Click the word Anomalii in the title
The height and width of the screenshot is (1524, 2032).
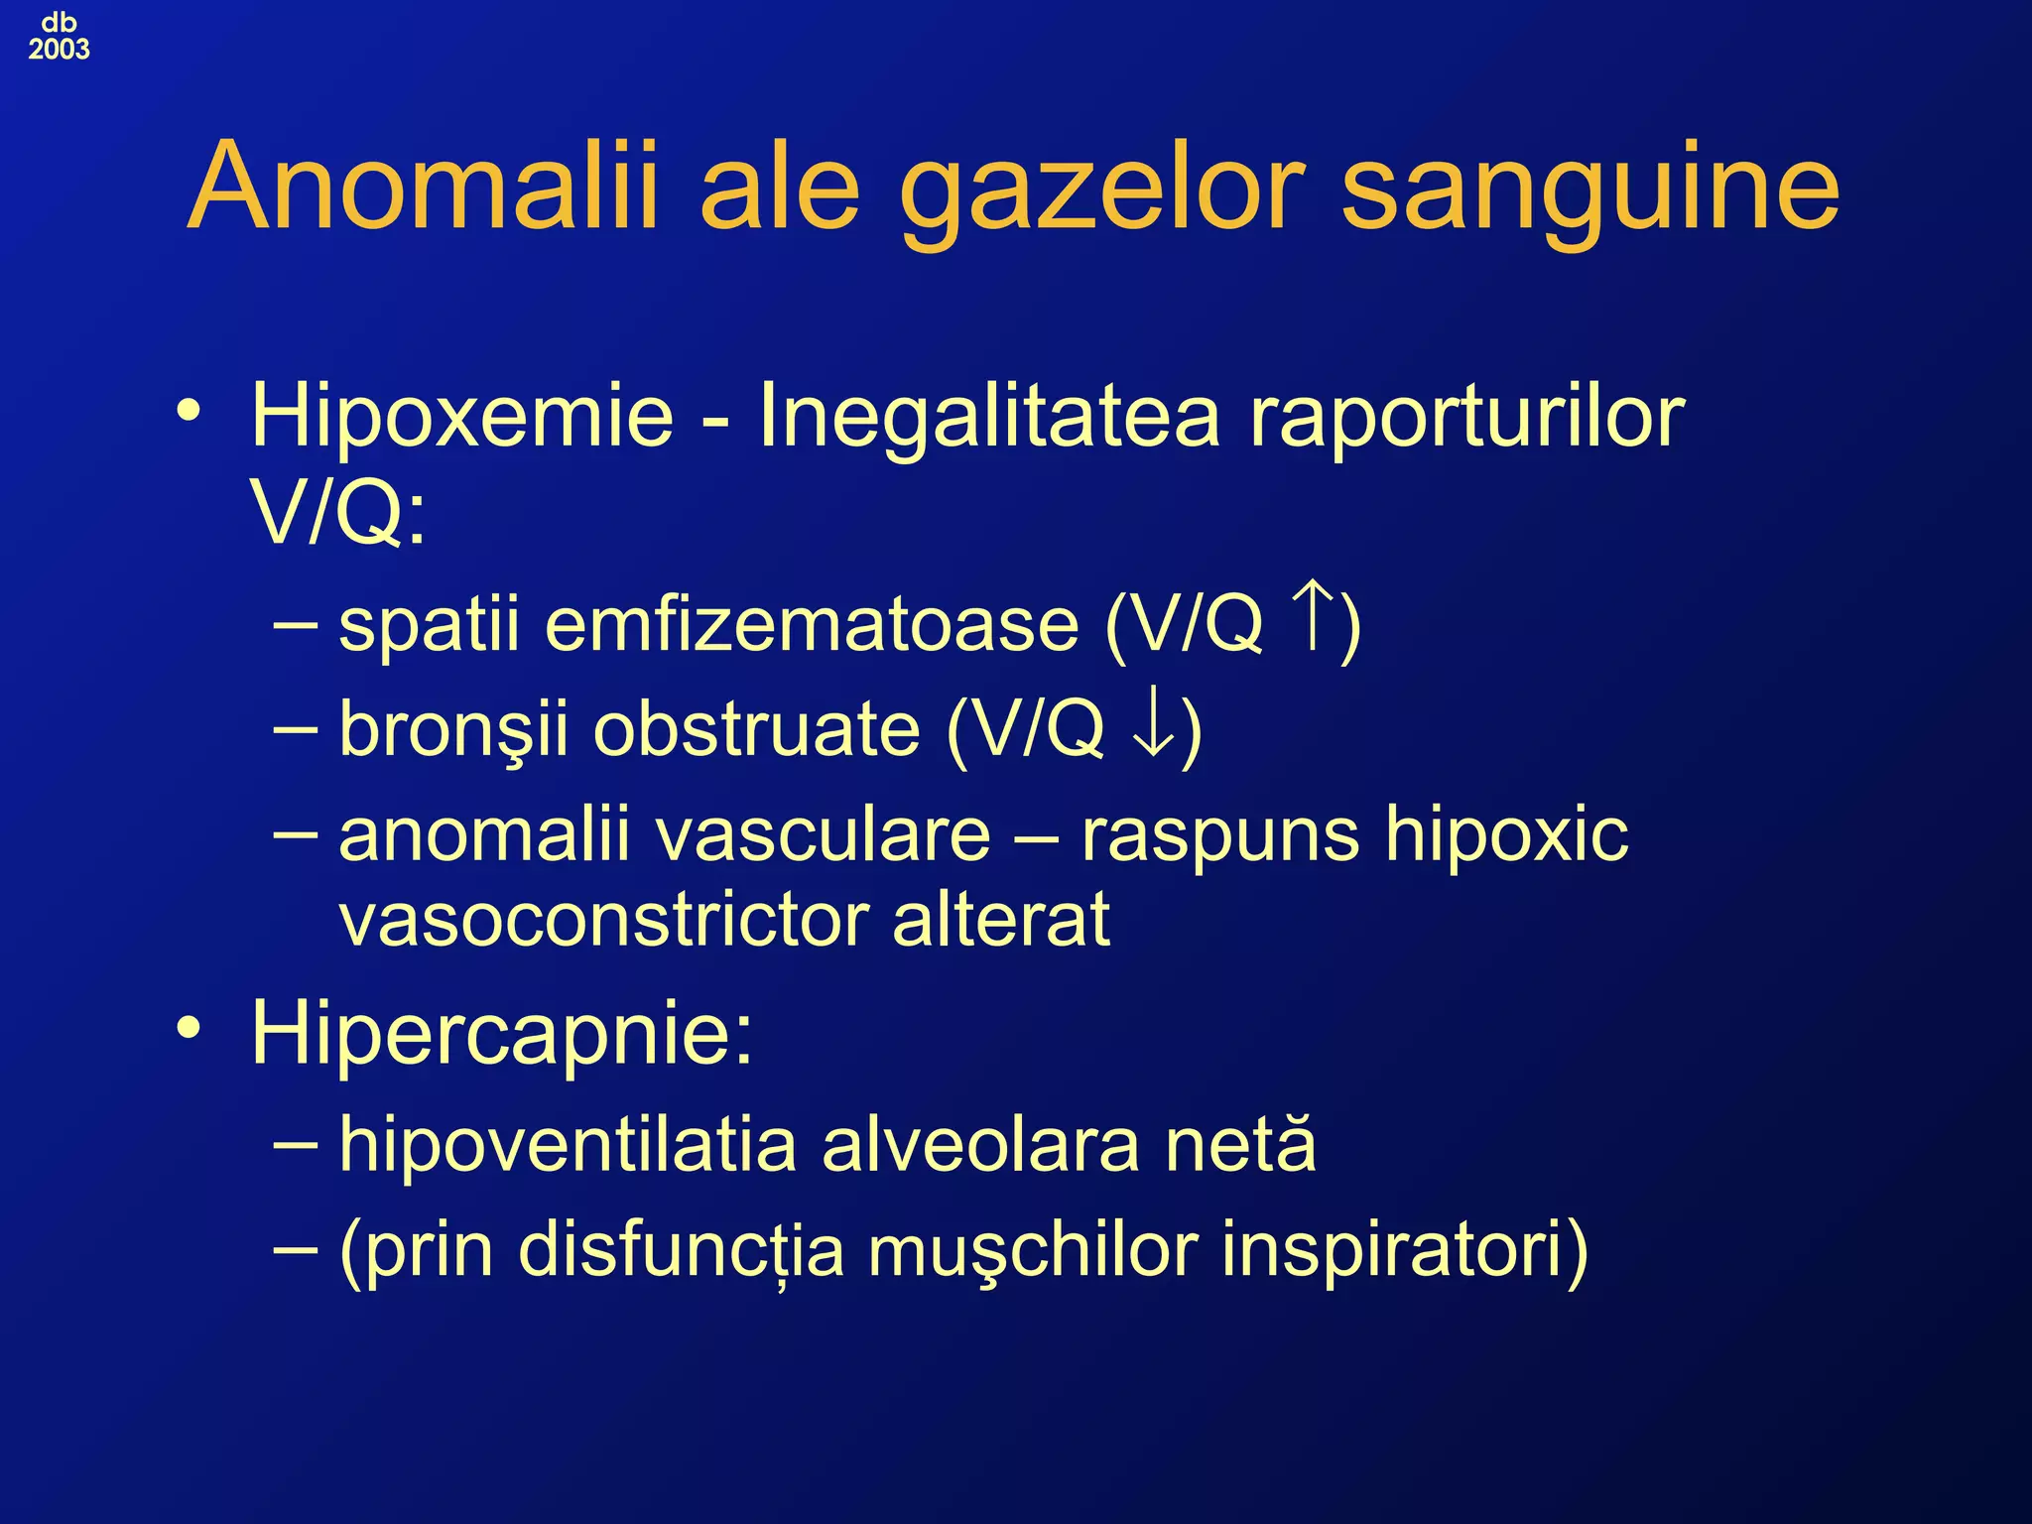tap(423, 187)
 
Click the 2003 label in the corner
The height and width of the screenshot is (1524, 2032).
tap(59, 49)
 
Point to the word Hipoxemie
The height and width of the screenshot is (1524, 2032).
tap(462, 417)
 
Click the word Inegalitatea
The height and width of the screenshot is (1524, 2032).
tap(988, 417)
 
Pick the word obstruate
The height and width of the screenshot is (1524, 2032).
tap(757, 729)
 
